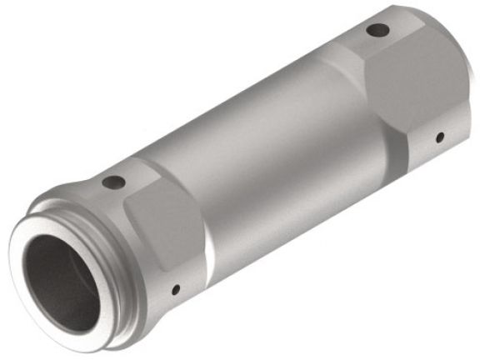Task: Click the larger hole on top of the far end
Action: click(377, 31)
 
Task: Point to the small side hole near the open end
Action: click(175, 291)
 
